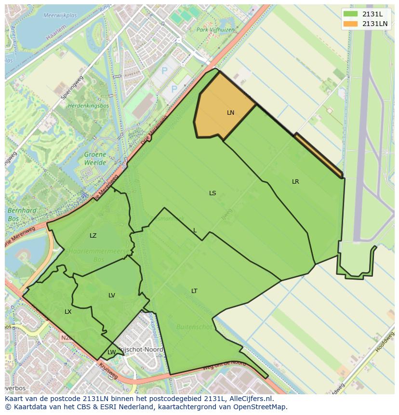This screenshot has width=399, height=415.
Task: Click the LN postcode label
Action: pyautogui.click(x=230, y=113)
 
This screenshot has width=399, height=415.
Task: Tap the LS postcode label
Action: pyautogui.click(x=213, y=193)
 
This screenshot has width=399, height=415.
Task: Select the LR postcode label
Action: pyautogui.click(x=295, y=182)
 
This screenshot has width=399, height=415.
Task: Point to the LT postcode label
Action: pyautogui.click(x=194, y=291)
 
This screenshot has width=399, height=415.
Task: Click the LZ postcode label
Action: pyautogui.click(x=93, y=236)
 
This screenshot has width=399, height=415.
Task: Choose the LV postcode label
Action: pyautogui.click(x=112, y=295)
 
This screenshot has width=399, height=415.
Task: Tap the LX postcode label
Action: pyautogui.click(x=68, y=312)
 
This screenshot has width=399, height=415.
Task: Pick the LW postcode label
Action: pyautogui.click(x=111, y=352)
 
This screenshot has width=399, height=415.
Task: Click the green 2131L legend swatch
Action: pyautogui.click(x=351, y=14)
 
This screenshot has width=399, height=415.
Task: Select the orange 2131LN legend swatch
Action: pyautogui.click(x=351, y=24)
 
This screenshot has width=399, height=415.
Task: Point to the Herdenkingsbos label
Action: pyautogui.click(x=88, y=106)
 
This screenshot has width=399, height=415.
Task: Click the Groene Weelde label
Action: pyautogui.click(x=95, y=159)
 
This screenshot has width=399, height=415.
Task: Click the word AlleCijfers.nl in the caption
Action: pyautogui.click(x=250, y=399)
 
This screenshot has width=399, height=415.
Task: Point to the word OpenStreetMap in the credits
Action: pyautogui.click(x=262, y=407)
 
